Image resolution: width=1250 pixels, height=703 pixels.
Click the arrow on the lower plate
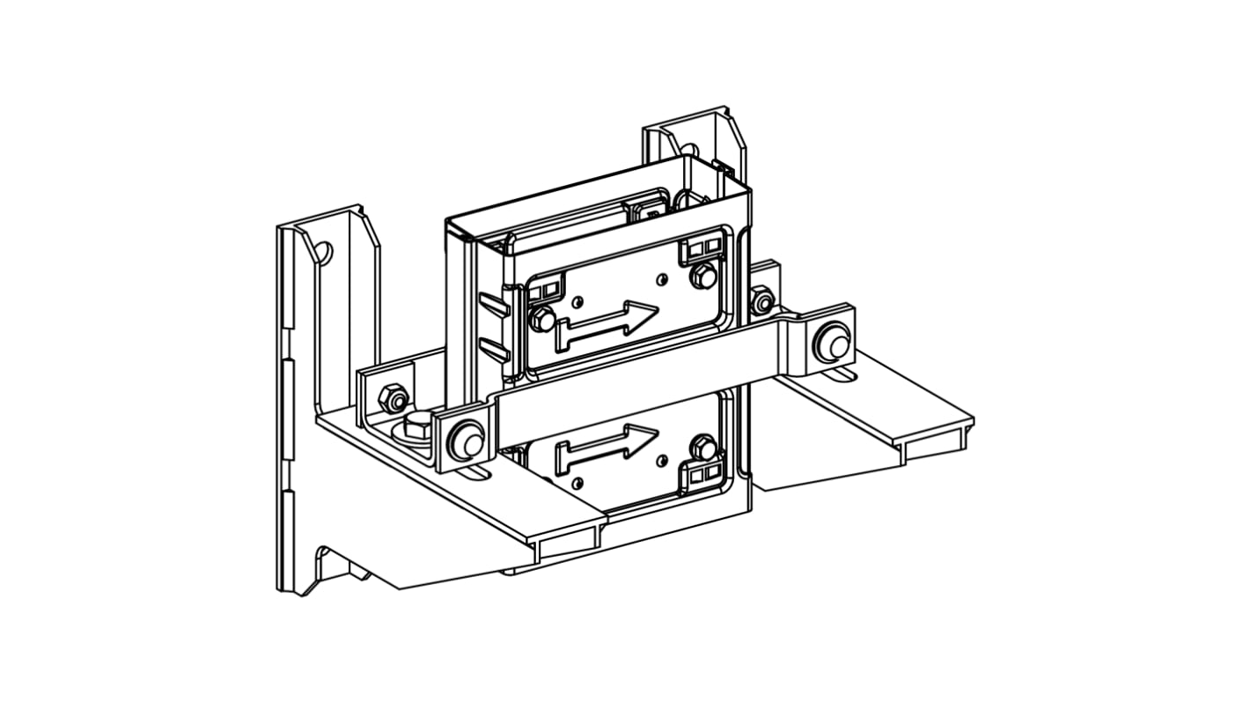tap(607, 445)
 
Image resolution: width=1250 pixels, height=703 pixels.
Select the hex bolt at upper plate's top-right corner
tap(702, 276)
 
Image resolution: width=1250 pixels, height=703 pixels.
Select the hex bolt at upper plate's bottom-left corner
tap(541, 317)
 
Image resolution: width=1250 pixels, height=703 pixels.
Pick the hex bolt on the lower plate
tap(702, 447)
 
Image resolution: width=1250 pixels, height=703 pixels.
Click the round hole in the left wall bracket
tap(322, 254)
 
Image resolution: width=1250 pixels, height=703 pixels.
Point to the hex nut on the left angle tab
tap(393, 398)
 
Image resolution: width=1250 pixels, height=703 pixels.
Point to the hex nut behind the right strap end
tap(762, 300)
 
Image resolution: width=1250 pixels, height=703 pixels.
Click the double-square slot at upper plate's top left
tap(545, 288)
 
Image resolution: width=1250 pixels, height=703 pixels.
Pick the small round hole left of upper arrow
tap(577, 302)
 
